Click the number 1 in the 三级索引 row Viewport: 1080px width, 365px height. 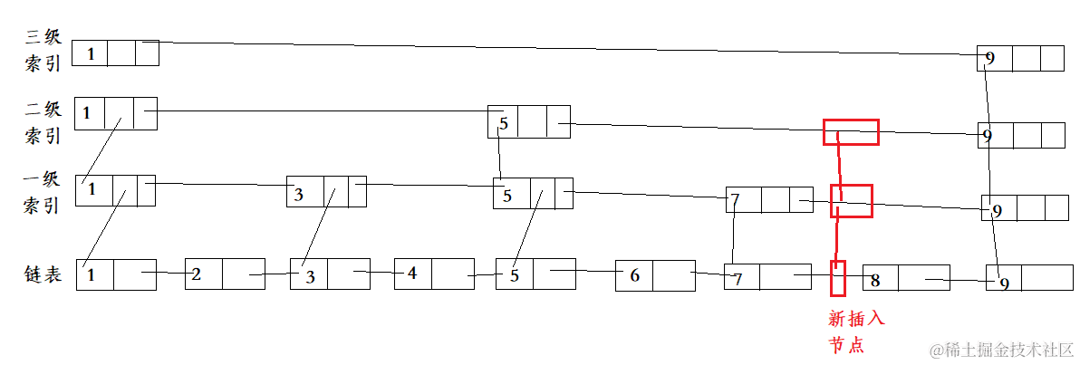tap(90, 54)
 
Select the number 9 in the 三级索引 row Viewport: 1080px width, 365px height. tap(989, 59)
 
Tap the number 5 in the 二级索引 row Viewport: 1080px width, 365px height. tap(504, 123)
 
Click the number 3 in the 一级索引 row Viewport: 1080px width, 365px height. tap(298, 195)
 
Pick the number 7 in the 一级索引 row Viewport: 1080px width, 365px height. tap(735, 199)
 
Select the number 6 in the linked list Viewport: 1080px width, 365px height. tap(633, 274)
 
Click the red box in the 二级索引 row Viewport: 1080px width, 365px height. tap(850, 132)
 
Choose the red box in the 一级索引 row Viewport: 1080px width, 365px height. tap(851, 201)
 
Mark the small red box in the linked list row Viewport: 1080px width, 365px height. tap(838, 278)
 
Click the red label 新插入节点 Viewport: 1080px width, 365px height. tap(856, 331)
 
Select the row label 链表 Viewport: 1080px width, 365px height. tap(43, 274)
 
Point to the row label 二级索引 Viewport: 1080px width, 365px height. tap(43, 122)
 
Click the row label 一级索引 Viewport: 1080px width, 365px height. tap(43, 192)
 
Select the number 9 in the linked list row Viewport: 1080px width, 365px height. tap(1004, 283)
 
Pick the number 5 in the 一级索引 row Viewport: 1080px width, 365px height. tap(507, 195)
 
